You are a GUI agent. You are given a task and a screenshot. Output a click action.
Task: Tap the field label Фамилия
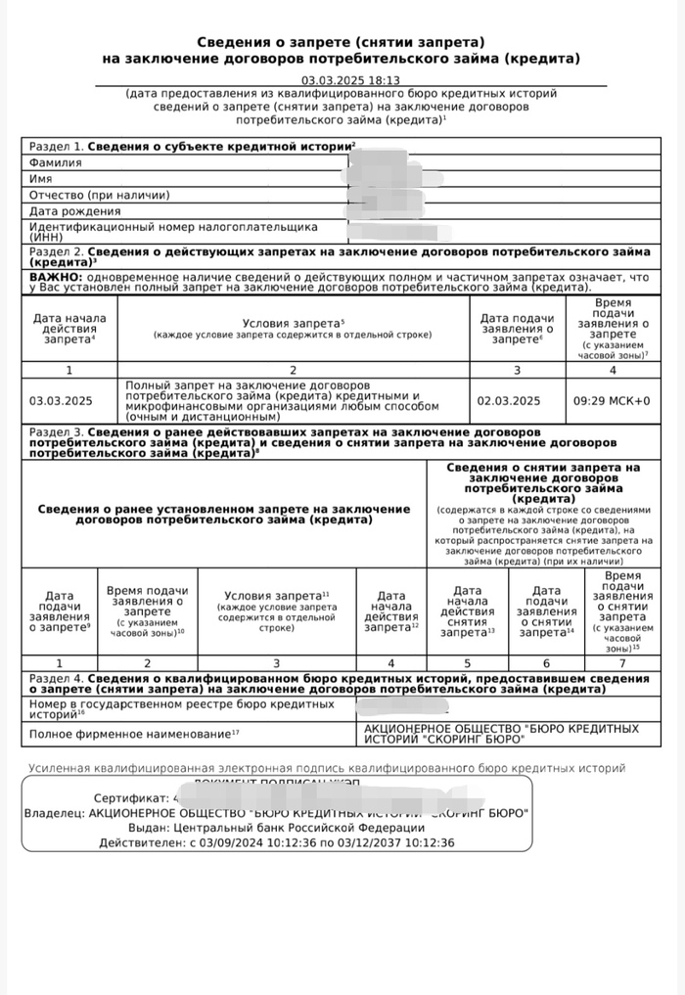56,162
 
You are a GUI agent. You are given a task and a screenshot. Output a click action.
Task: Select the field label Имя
40,179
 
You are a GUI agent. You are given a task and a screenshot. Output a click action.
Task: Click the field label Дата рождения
75,210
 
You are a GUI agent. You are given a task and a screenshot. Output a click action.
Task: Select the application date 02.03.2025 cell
509,400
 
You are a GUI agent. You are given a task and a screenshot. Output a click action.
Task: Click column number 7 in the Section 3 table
622,662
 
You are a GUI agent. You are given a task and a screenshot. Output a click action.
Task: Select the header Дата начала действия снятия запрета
468,611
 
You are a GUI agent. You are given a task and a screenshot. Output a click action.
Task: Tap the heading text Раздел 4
55,677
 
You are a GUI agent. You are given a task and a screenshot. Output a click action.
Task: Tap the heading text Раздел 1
56,146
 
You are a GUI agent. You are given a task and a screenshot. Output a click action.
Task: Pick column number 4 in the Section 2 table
614,370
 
